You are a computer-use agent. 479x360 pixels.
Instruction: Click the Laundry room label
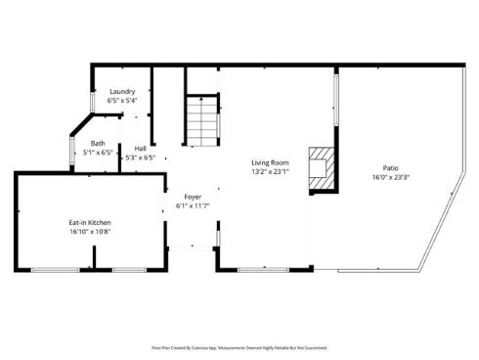122,91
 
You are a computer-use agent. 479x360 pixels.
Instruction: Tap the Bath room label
98,144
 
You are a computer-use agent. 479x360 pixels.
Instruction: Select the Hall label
141,149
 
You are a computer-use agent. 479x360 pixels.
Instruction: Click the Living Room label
270,162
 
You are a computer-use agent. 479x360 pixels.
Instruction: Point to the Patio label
390,168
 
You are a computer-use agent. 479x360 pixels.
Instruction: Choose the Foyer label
193,197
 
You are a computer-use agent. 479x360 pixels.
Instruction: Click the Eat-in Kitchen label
90,222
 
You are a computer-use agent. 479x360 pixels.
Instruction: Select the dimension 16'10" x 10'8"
90,232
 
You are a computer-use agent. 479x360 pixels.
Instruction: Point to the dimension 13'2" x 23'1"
270,172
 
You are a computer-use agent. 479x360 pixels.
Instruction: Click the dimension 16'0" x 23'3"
390,178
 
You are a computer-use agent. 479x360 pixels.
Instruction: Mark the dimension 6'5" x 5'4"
122,100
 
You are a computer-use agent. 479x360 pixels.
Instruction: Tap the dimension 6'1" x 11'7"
193,206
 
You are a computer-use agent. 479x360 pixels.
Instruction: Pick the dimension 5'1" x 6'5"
98,153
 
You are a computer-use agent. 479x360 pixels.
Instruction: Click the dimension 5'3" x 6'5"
141,157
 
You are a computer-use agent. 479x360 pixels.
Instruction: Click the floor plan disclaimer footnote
239,347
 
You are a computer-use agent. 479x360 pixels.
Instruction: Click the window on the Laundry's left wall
93,100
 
